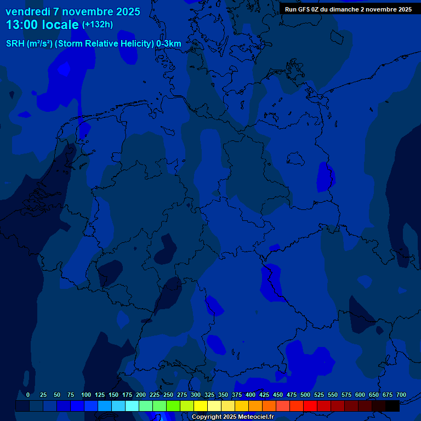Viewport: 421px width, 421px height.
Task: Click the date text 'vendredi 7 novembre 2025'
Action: pos(73,12)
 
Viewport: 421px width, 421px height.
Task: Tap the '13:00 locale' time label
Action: pos(42,25)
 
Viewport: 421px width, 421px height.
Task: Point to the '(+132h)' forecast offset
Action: pos(97,25)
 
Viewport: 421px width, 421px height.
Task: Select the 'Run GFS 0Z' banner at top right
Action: pos(348,9)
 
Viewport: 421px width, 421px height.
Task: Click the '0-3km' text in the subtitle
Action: pos(169,43)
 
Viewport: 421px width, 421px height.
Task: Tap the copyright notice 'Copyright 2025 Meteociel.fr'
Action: pos(232,417)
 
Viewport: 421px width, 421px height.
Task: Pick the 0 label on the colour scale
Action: pos(28,395)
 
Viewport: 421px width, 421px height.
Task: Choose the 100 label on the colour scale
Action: pos(86,395)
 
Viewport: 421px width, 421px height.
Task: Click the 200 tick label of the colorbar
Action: pos(141,395)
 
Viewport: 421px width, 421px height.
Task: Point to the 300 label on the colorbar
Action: pos(196,395)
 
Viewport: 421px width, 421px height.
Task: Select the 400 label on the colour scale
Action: pos(251,395)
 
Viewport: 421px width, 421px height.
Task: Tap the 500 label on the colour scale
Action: pos(305,395)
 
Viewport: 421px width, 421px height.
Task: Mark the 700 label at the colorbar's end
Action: pos(401,395)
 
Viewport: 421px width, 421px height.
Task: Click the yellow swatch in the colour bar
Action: pos(201,406)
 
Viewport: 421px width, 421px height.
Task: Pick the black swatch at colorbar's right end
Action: pos(392,406)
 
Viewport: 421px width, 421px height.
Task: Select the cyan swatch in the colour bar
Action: pos(132,406)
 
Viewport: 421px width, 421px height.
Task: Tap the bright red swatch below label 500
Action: pos(310,406)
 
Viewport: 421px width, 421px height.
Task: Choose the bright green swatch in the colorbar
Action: pos(173,406)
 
